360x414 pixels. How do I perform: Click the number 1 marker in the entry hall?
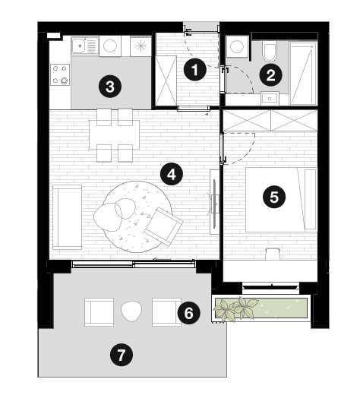click(194, 70)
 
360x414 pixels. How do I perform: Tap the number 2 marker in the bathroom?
click(270, 75)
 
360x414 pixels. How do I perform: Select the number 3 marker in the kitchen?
click(110, 87)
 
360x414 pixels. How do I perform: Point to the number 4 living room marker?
click(172, 174)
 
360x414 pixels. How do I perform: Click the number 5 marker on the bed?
click(274, 197)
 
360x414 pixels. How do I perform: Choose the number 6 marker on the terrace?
click(188, 313)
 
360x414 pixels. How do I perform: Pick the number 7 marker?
click(122, 355)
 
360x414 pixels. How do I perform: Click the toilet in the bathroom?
click(270, 50)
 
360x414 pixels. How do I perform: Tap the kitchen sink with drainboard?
click(85, 46)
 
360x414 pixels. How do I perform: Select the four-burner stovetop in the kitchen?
click(60, 74)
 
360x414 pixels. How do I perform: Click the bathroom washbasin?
click(270, 98)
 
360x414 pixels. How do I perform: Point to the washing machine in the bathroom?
click(237, 46)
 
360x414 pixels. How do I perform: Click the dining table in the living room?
click(114, 134)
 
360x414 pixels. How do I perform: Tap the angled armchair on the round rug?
click(164, 226)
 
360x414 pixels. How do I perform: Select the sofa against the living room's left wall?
click(68, 217)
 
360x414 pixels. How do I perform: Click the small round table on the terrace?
click(131, 311)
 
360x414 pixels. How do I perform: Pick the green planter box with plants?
click(261, 308)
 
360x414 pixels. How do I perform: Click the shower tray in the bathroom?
click(303, 73)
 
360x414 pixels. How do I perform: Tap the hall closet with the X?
click(166, 81)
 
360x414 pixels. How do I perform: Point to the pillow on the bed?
click(311, 199)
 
